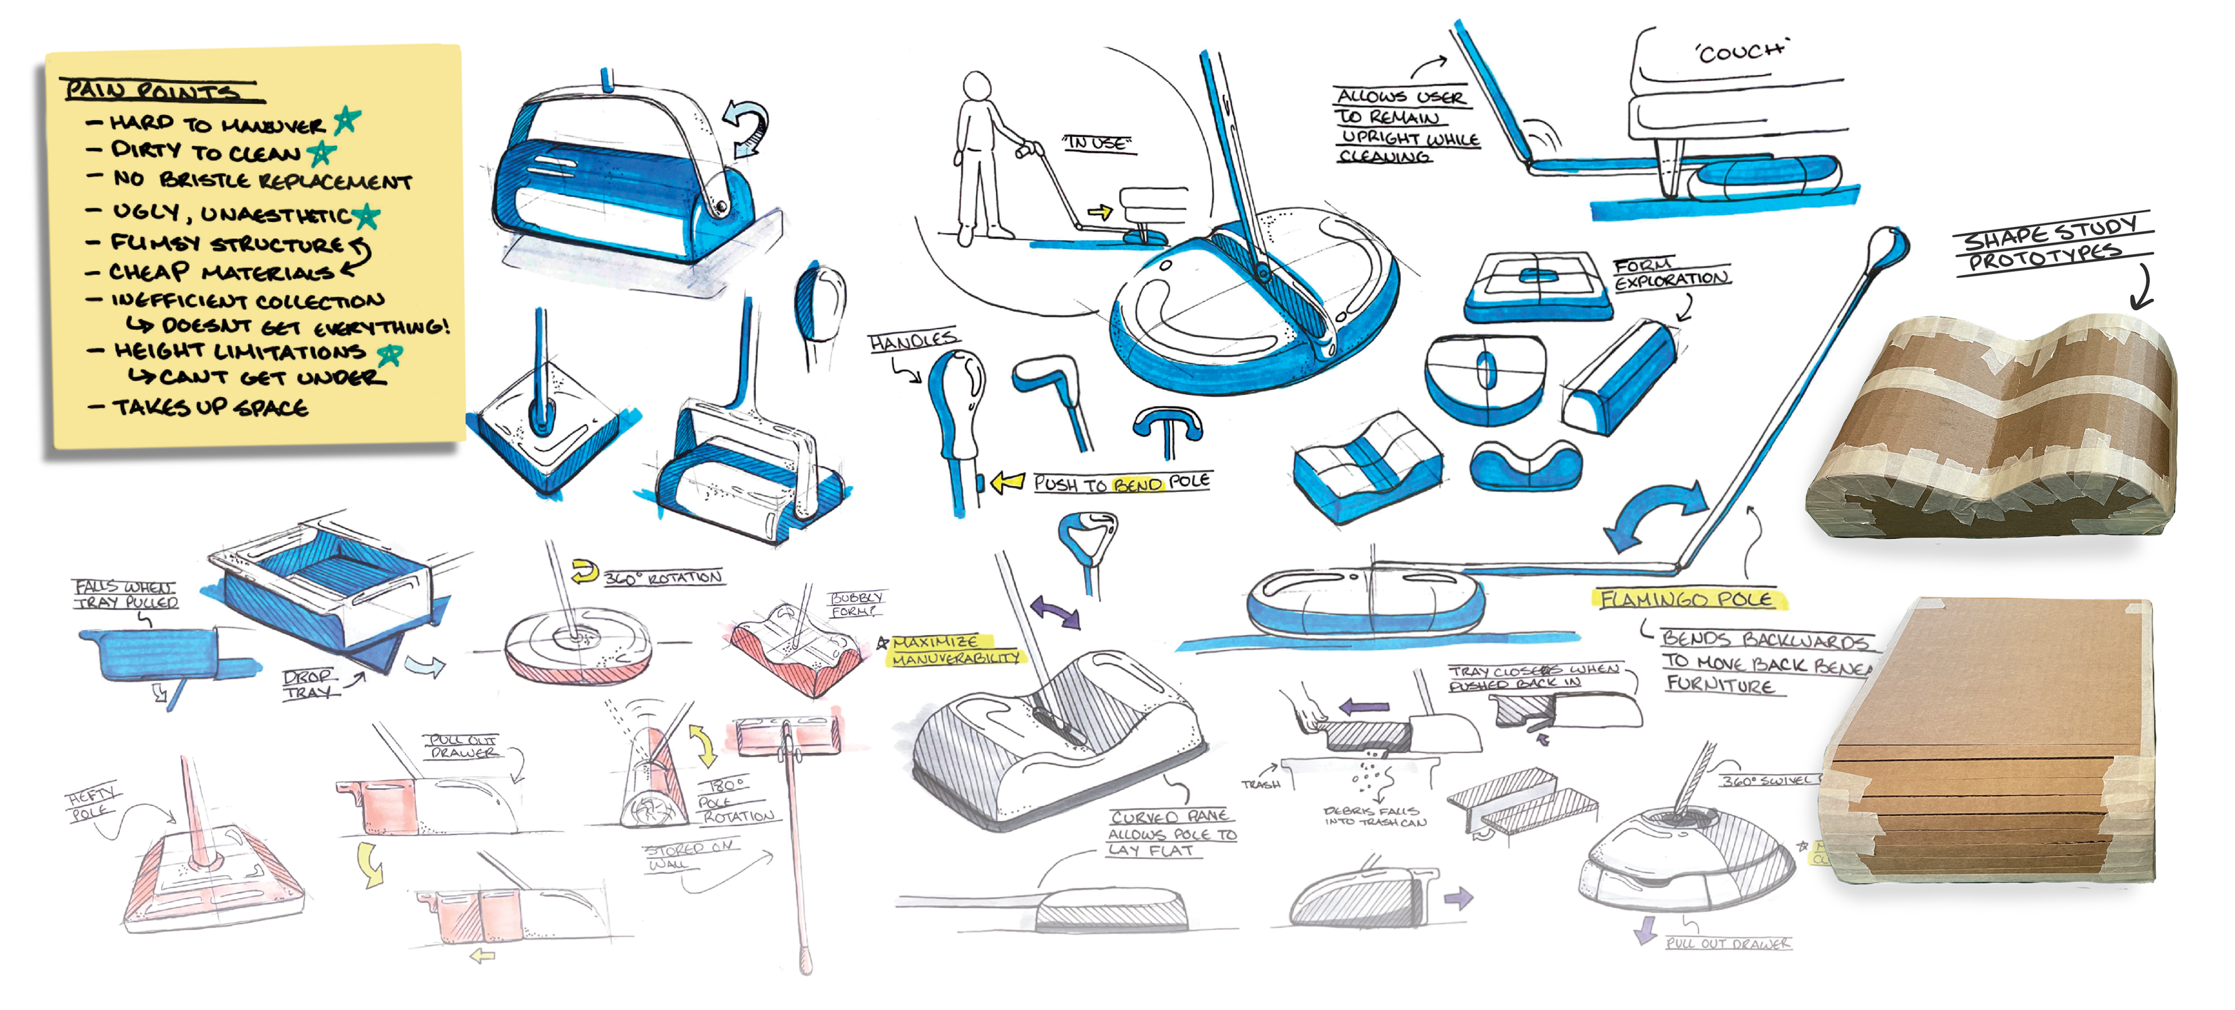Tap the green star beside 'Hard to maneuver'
pyautogui.click(x=347, y=120)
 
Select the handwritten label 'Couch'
pyautogui.click(x=1741, y=52)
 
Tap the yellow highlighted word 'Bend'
pyautogui.click(x=1137, y=484)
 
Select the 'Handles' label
pyautogui.click(x=912, y=341)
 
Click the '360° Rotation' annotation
pyautogui.click(x=662, y=577)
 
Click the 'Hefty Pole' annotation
pyautogui.click(x=91, y=803)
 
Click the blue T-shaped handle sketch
pyautogui.click(x=1167, y=426)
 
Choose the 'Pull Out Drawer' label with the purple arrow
pyautogui.click(x=1726, y=943)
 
